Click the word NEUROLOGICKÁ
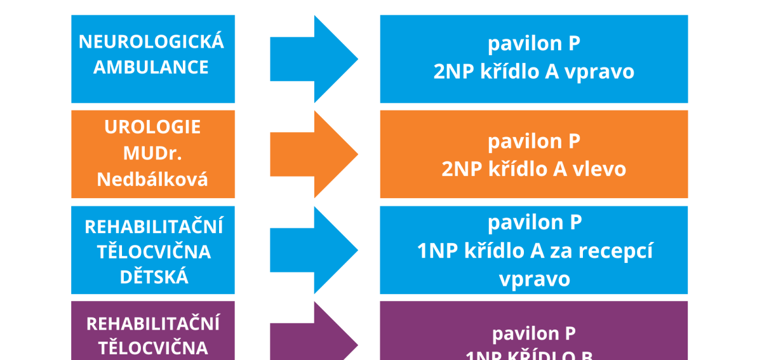click(152, 42)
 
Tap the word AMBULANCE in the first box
click(151, 67)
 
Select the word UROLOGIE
click(152, 127)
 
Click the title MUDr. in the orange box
click(152, 153)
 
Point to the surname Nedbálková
click(152, 180)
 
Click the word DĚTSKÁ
click(152, 277)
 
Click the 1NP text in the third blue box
click(436, 251)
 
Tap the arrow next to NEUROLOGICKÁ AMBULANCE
click(314, 59)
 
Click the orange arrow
click(314, 154)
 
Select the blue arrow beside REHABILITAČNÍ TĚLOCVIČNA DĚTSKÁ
click(314, 250)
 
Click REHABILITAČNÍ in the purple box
click(152, 324)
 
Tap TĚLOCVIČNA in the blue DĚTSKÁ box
click(154, 252)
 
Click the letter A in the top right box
click(551, 72)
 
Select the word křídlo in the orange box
click(513, 169)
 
